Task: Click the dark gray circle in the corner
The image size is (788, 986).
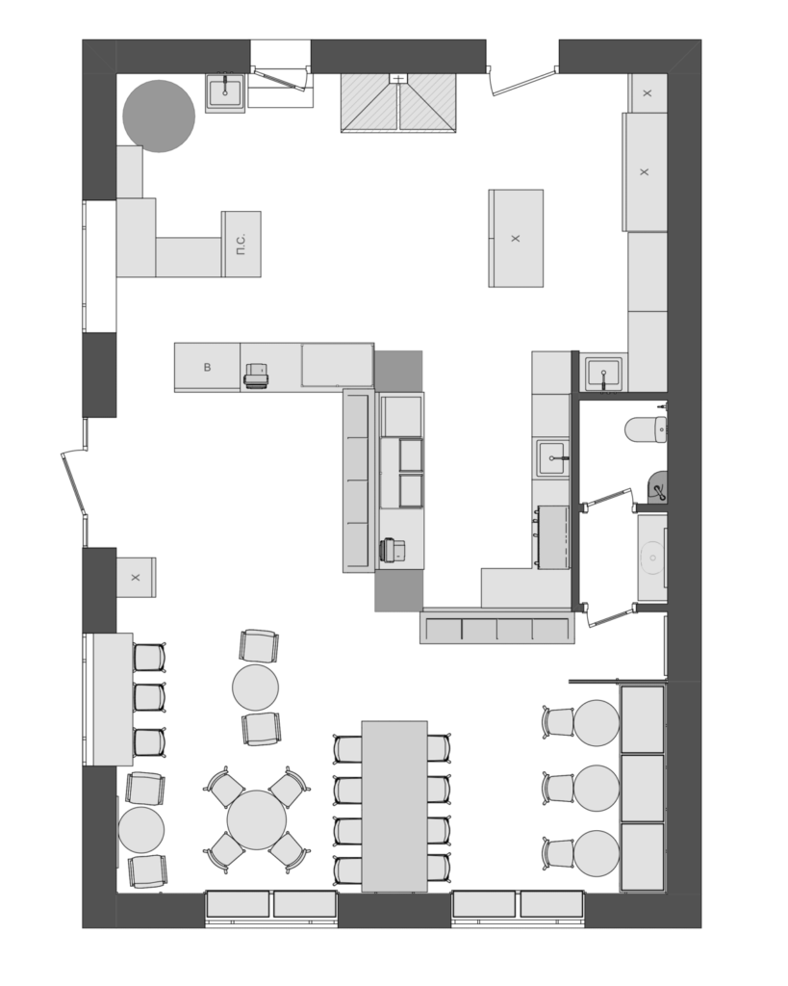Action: (x=159, y=116)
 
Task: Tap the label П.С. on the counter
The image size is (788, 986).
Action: (x=241, y=244)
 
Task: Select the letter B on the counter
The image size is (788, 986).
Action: (x=208, y=367)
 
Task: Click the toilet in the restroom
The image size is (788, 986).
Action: (x=646, y=429)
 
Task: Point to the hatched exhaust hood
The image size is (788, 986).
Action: (x=398, y=103)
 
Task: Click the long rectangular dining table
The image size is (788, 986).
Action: (x=394, y=806)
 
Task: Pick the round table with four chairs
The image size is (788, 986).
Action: (x=256, y=820)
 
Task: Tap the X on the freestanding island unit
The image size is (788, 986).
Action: (x=516, y=239)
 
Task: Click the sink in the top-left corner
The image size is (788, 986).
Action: (x=226, y=93)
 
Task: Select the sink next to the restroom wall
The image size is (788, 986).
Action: (x=604, y=375)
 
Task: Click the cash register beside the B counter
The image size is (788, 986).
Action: (x=258, y=376)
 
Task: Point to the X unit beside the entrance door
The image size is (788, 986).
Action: (x=136, y=578)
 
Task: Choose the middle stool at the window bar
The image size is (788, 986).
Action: (x=149, y=697)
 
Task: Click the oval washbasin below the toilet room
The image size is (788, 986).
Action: (x=652, y=558)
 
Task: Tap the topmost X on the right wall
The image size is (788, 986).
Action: (x=648, y=93)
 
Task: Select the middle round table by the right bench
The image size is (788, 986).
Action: (x=597, y=788)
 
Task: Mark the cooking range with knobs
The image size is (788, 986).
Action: (x=552, y=537)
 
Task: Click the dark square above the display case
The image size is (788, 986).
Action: (x=398, y=371)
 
